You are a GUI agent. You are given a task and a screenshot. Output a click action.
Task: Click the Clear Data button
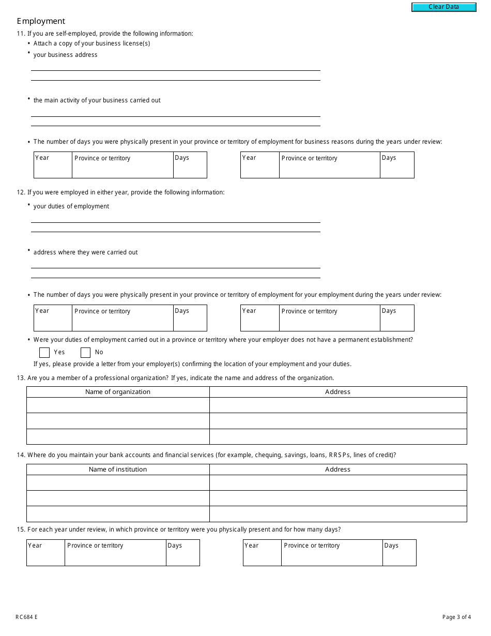(443, 7)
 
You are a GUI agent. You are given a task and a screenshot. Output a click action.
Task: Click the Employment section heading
(41, 21)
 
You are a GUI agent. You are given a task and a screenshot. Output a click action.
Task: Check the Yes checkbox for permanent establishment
(44, 353)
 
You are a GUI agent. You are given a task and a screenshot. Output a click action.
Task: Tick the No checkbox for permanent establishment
(85, 353)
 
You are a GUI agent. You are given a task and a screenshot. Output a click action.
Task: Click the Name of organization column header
(118, 392)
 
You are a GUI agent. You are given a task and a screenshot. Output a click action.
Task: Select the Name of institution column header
(118, 470)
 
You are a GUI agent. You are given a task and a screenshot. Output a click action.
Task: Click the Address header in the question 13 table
(337, 392)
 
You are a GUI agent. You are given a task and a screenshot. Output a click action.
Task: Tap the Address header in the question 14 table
(337, 470)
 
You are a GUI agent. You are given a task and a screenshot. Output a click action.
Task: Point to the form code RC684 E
(26, 617)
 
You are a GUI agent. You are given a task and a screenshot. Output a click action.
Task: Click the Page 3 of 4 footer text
(456, 617)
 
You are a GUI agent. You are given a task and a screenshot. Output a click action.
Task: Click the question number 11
(21, 34)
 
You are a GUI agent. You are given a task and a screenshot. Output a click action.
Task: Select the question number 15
(21, 529)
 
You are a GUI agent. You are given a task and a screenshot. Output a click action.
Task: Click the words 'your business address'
(65, 55)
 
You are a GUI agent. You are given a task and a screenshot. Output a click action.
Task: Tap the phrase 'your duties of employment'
(71, 206)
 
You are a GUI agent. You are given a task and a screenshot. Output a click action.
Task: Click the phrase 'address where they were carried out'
(86, 252)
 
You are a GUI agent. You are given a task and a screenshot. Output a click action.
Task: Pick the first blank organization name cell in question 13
(118, 405)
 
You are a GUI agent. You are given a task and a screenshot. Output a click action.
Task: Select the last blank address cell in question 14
(337, 514)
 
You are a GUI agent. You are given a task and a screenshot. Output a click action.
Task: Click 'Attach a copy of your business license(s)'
(91, 43)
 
